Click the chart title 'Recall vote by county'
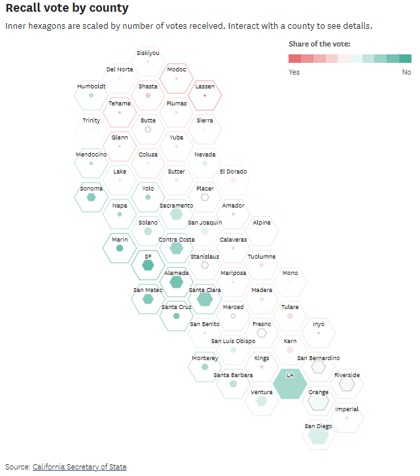[x=67, y=9]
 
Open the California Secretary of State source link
[x=79, y=467]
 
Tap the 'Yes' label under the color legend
[x=294, y=72]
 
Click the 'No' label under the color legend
[x=406, y=72]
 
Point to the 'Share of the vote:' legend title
[x=319, y=44]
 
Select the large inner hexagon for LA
[x=290, y=384]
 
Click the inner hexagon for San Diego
[x=318, y=435]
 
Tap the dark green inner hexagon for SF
[x=148, y=265]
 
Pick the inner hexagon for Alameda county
[x=176, y=282]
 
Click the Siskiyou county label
[x=148, y=53]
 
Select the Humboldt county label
[x=91, y=86]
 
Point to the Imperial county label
[x=347, y=409]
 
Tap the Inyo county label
[x=318, y=323]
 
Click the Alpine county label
[x=262, y=223]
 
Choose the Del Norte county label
[x=120, y=69]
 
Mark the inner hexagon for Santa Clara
[x=205, y=299]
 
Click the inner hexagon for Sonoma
[x=91, y=197]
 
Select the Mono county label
[x=290, y=273]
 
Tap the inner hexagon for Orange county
[x=319, y=401]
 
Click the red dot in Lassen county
[x=205, y=96]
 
